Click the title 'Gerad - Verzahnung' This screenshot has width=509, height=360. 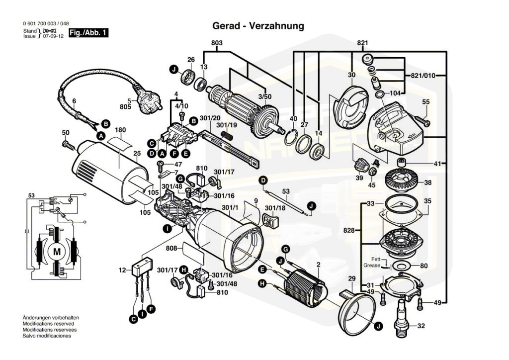[258, 25]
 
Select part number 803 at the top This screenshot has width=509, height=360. [217, 43]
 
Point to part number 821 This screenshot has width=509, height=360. [362, 43]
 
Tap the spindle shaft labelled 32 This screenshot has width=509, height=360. [401, 318]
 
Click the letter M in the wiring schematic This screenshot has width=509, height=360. [57, 252]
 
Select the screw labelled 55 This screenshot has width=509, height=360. [420, 119]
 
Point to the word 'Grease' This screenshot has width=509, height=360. [371, 266]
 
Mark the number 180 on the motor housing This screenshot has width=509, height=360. [121, 130]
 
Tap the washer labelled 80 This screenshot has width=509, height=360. [401, 266]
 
